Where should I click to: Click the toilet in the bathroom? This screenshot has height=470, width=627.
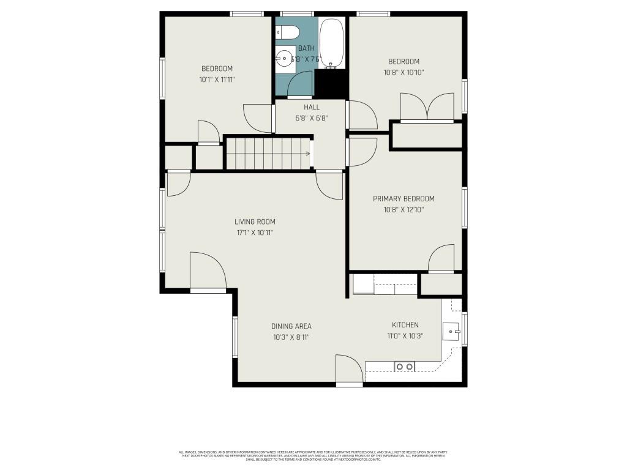[x=287, y=31]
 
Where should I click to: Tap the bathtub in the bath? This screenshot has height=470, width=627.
[x=332, y=43]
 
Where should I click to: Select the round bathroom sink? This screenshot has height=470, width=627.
[x=284, y=59]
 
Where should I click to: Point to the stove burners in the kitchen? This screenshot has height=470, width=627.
[x=405, y=367]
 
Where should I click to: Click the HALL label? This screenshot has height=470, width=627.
[x=312, y=107]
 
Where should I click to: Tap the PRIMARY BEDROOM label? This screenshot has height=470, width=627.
[x=404, y=199]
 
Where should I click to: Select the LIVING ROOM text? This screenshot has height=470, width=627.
[x=255, y=222]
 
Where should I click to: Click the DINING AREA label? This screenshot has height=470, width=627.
[x=291, y=326]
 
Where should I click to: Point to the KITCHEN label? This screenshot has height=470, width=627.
[x=405, y=325]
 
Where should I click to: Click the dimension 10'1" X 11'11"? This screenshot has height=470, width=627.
[x=217, y=80]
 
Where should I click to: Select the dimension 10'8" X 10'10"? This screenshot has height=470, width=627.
[x=404, y=72]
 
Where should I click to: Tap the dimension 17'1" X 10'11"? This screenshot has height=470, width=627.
[x=255, y=233]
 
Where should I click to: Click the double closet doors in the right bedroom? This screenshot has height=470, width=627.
[x=427, y=108]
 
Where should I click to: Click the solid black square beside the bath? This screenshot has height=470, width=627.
[x=331, y=84]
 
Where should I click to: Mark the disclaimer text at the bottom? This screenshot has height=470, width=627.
[x=313, y=456]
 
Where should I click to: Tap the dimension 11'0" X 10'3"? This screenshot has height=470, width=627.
[x=405, y=336]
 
